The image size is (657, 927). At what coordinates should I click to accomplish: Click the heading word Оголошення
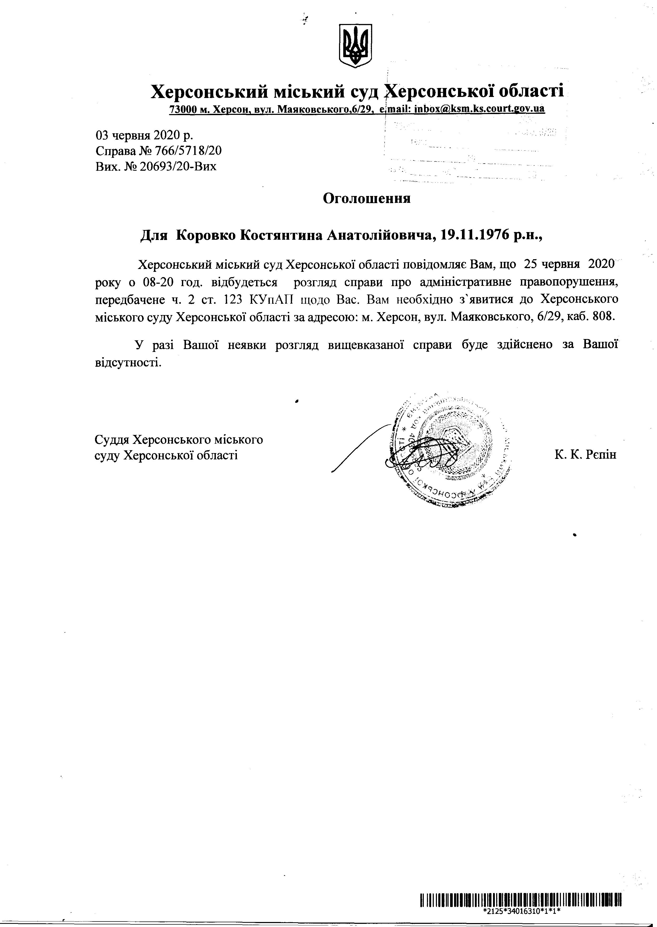366,198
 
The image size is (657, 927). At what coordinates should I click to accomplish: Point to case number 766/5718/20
187,151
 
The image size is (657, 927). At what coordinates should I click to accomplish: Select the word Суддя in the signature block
112,439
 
